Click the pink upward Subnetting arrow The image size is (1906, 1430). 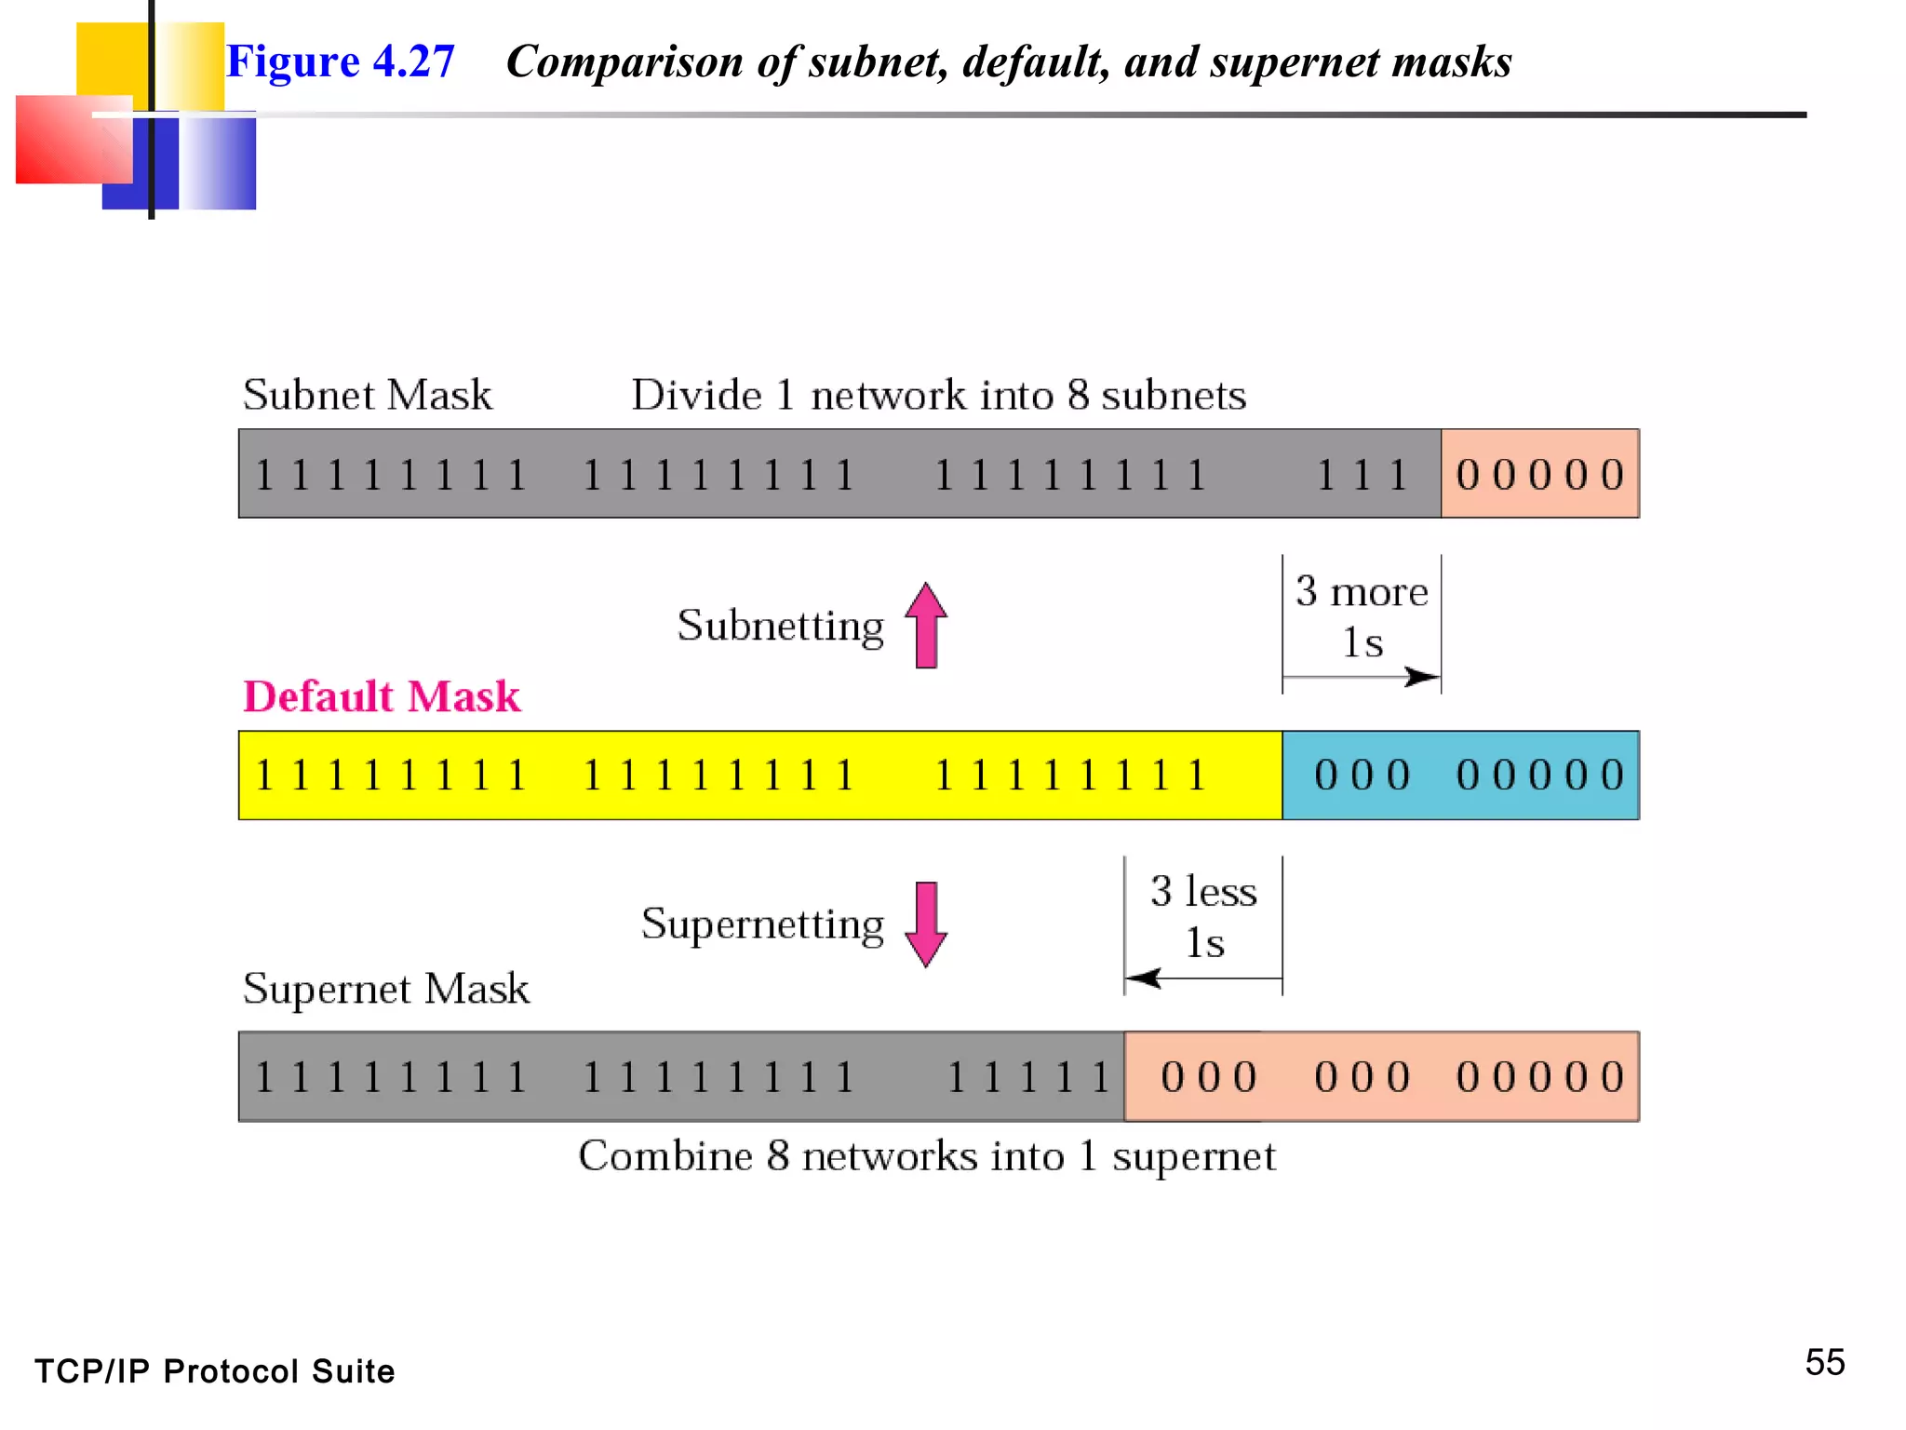click(926, 626)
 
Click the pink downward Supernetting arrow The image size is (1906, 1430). click(926, 924)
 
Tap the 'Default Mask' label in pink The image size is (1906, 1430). click(382, 696)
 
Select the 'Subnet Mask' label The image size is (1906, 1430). click(368, 395)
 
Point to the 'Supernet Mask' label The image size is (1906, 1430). click(385, 989)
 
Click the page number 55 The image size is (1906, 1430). click(1824, 1363)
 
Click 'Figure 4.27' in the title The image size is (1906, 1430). click(341, 61)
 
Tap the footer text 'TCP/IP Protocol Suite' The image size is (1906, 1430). click(215, 1371)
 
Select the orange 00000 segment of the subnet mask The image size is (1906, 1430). click(1540, 475)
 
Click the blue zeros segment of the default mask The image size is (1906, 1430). click(1461, 776)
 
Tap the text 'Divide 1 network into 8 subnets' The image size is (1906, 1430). click(938, 395)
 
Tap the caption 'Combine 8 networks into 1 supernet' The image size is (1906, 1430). click(927, 1156)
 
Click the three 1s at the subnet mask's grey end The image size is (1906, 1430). click(1362, 475)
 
